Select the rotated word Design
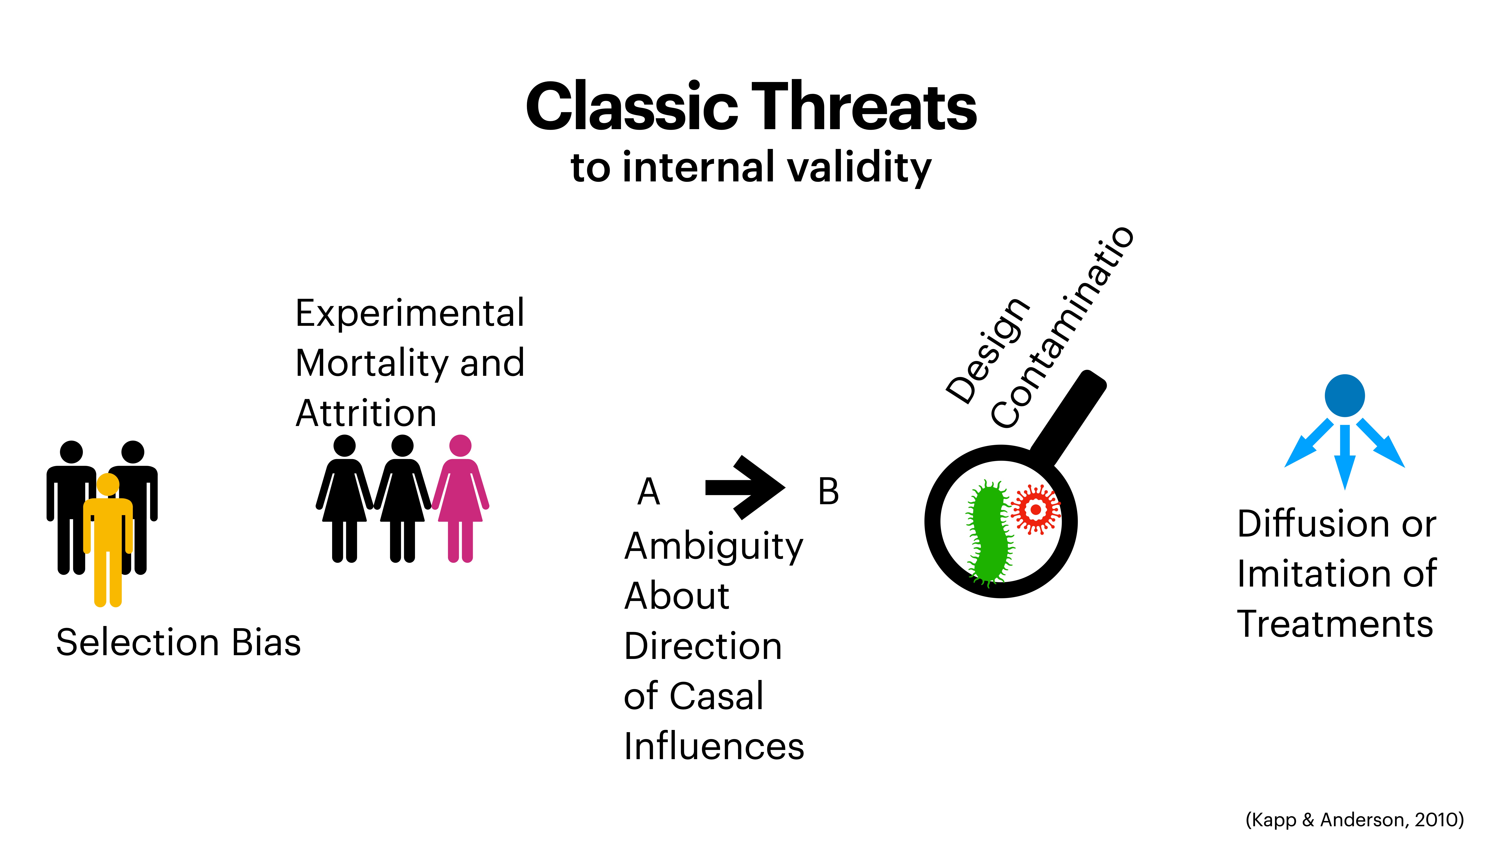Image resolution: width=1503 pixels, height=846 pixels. click(987, 350)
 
